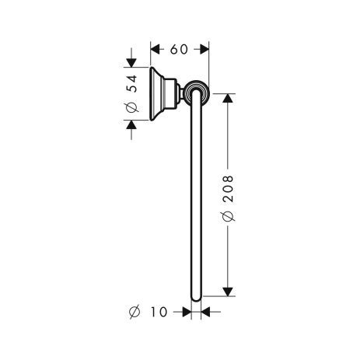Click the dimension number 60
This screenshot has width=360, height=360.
tap(179, 49)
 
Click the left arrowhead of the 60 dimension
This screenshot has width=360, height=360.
tap(154, 49)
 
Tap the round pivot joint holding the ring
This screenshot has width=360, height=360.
tap(195, 95)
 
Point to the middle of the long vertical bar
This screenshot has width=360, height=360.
tap(195, 198)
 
